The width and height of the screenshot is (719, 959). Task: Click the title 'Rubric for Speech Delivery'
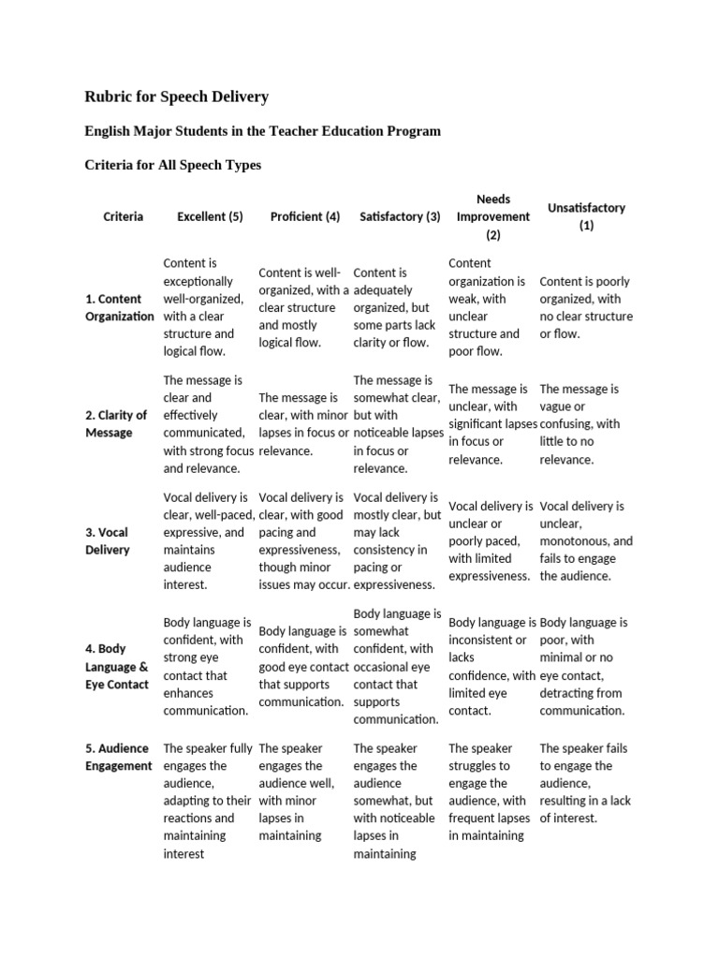(177, 96)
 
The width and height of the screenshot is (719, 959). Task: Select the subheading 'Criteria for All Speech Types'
(173, 165)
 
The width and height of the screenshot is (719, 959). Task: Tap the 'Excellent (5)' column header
(210, 216)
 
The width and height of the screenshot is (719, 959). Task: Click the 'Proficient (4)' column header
(304, 216)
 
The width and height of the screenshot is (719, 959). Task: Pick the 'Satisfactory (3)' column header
(400, 216)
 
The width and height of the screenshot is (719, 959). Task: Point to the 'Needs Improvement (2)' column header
(492, 216)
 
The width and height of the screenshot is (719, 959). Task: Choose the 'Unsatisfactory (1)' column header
(586, 216)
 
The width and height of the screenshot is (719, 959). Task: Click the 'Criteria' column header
(124, 216)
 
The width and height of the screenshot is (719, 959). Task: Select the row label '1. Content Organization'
(119, 307)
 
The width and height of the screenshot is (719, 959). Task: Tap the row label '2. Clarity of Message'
(116, 423)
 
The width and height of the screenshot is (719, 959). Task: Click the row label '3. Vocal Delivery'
(108, 540)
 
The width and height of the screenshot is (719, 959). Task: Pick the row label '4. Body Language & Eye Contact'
(117, 666)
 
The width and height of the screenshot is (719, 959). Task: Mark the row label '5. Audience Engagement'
(119, 757)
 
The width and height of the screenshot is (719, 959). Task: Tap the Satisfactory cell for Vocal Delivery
(397, 540)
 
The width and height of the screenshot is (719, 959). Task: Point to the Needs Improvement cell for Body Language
(492, 666)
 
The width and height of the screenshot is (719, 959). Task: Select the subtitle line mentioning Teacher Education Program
(262, 131)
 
